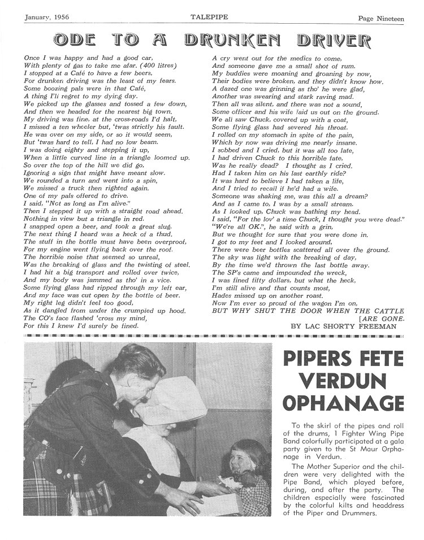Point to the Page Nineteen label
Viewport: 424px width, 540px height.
[381, 19]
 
